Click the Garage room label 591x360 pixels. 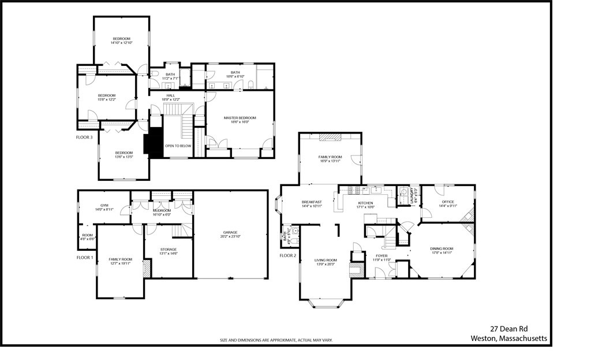230,234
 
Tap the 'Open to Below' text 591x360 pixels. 178,146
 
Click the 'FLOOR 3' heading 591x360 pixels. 84,138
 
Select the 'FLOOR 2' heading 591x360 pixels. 287,255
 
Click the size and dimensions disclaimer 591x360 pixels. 276,340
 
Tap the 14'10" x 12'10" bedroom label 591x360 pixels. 121,40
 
